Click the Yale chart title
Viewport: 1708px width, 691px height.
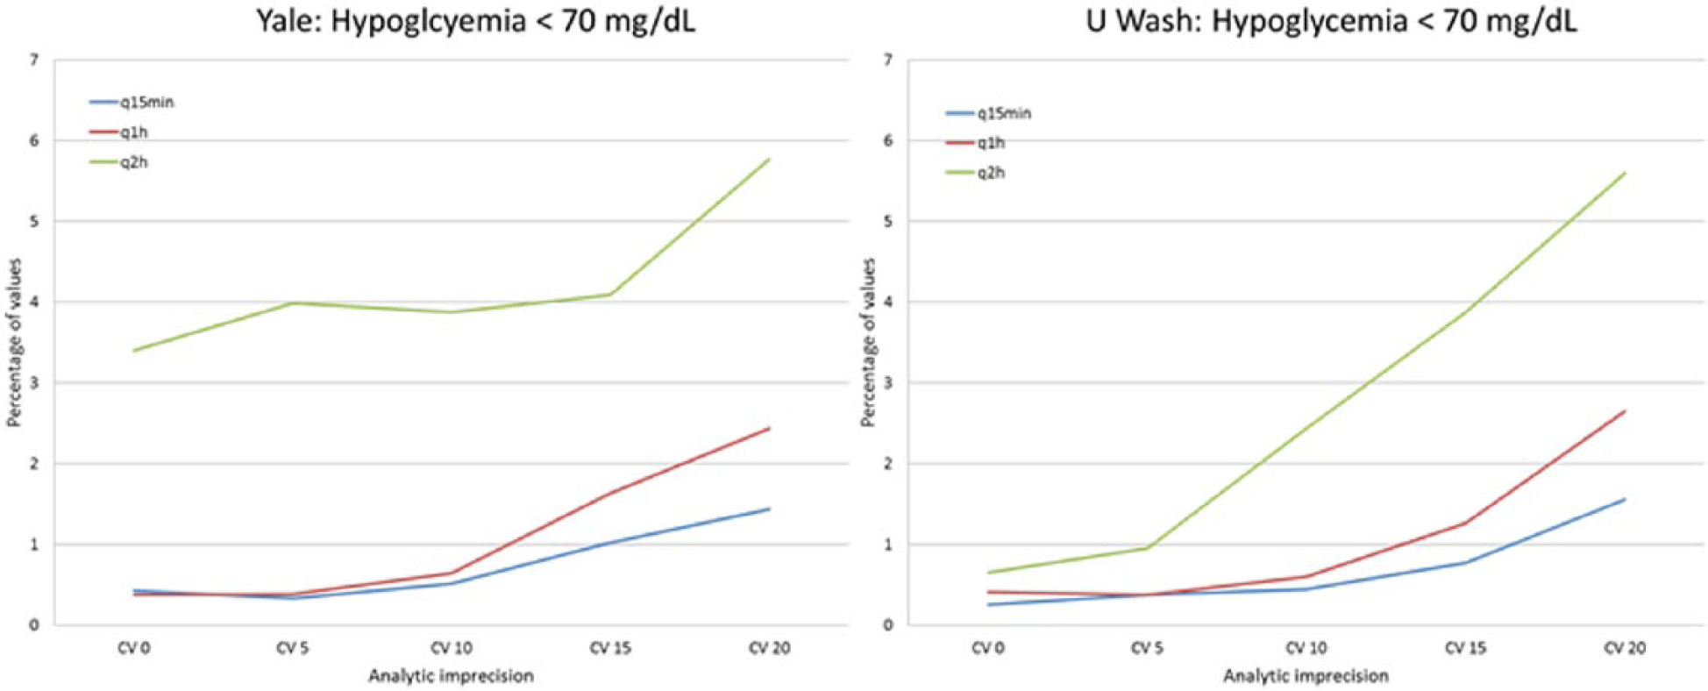[x=475, y=20]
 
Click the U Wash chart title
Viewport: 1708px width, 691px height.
[x=1331, y=20]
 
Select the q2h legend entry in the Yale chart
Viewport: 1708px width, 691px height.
[x=118, y=162]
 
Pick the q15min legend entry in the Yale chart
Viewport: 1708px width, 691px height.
[x=132, y=103]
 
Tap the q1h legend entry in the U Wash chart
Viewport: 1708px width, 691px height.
[x=975, y=143]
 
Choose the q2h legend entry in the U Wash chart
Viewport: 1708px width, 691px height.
[x=975, y=173]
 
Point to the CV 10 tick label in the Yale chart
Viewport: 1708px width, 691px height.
[x=452, y=649]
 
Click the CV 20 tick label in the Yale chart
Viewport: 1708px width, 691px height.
[x=769, y=649]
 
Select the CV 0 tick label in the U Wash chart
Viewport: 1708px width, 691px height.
[x=986, y=649]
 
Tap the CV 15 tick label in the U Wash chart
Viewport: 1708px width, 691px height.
[x=1465, y=649]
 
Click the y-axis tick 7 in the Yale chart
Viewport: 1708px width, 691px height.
[x=34, y=61]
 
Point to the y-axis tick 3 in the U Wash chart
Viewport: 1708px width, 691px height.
[x=888, y=383]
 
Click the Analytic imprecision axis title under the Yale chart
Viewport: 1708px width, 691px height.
[x=451, y=676]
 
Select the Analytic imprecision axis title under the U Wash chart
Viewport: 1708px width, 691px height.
[x=1306, y=676]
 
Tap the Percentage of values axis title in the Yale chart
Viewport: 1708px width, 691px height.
[x=13, y=342]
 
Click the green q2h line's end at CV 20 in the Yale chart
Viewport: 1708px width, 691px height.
[x=769, y=159]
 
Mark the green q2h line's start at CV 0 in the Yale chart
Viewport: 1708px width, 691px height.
[x=133, y=351]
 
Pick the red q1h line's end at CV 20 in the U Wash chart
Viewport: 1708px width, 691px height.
[x=1625, y=410]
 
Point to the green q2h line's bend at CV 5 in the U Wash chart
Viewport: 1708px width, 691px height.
[x=1147, y=548]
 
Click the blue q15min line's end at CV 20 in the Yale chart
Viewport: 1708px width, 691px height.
[x=769, y=509]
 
